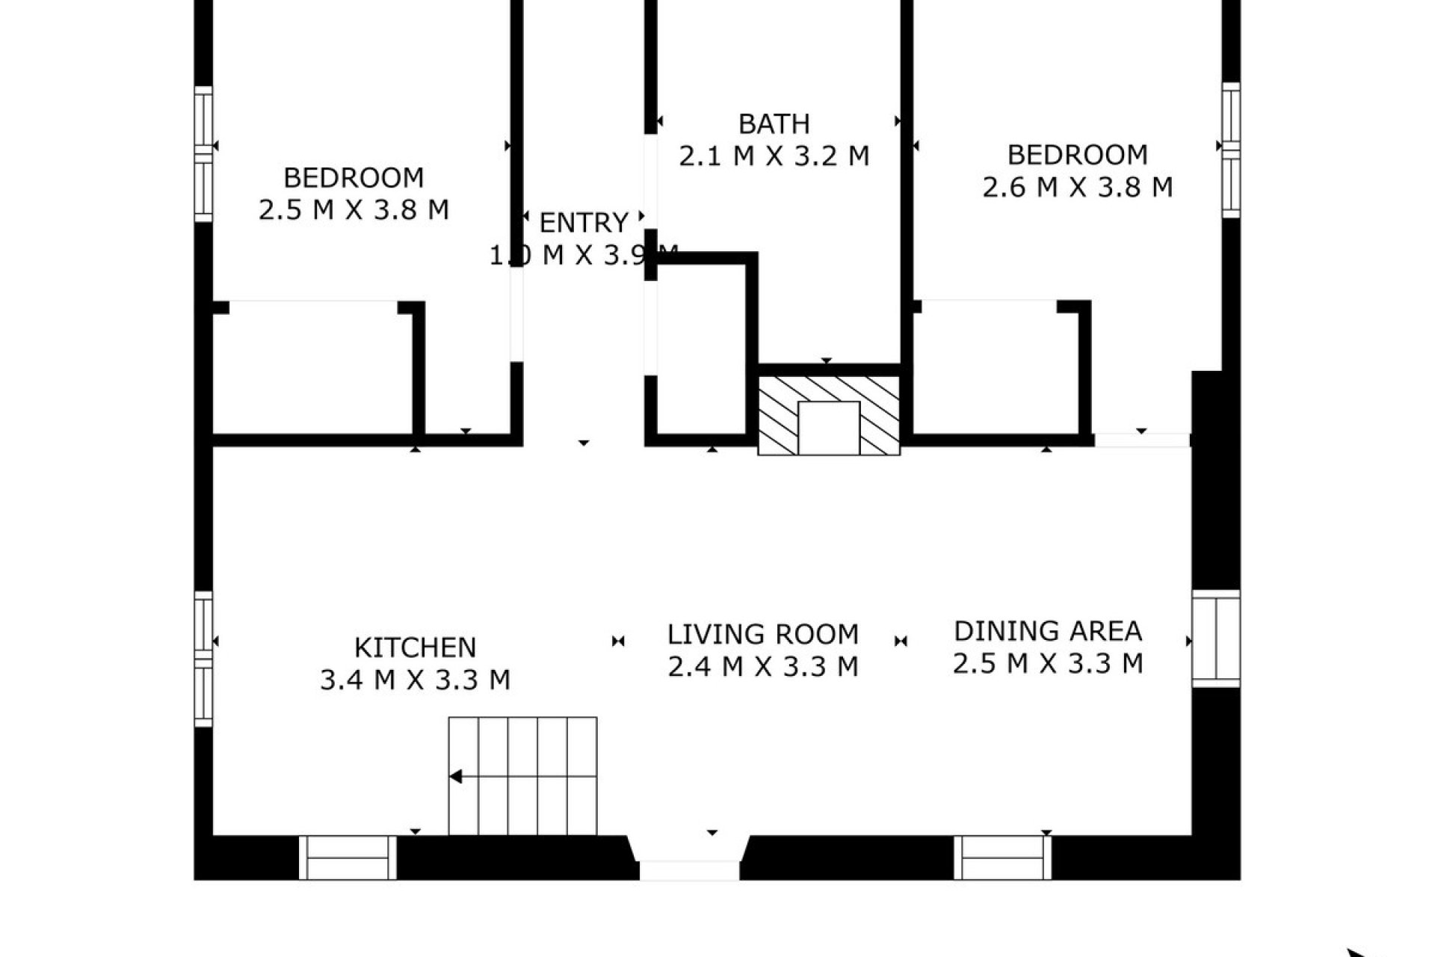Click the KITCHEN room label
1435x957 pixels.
click(x=415, y=647)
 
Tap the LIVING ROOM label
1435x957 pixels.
click(x=762, y=634)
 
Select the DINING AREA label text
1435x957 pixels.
click(x=1048, y=631)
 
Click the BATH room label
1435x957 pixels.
click(x=774, y=124)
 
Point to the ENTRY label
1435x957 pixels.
click(x=583, y=223)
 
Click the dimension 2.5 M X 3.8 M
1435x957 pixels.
click(x=354, y=210)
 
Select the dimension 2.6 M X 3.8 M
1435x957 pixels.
click(x=1077, y=187)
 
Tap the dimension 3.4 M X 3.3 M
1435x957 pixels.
click(x=415, y=680)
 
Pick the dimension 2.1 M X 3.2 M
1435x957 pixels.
click(x=774, y=156)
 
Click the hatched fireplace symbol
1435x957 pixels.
click(x=829, y=415)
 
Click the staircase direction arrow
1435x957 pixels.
click(x=456, y=778)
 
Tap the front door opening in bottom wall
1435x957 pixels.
click(x=689, y=869)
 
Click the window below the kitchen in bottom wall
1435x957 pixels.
click(x=348, y=858)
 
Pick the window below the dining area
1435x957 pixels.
click(x=1003, y=858)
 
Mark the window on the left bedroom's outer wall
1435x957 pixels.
click(x=203, y=154)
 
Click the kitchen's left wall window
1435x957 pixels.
click(x=203, y=659)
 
